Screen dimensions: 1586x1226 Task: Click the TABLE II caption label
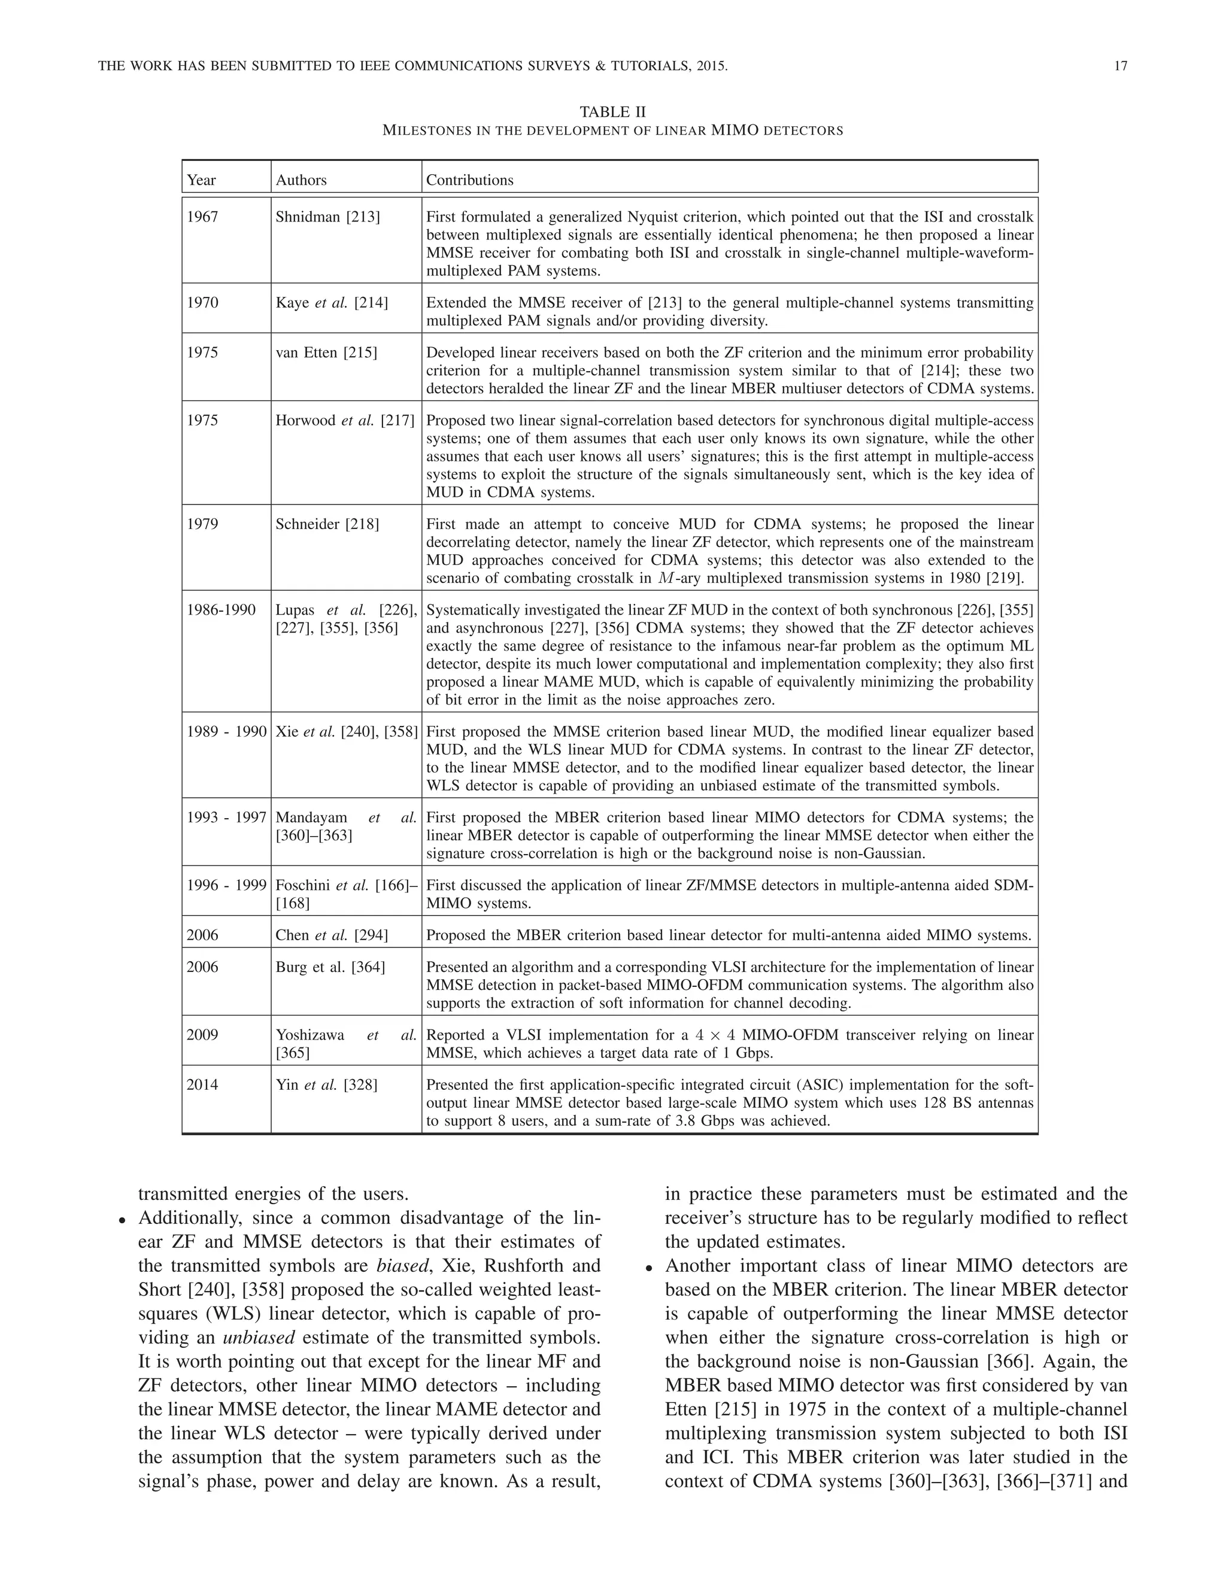click(x=612, y=112)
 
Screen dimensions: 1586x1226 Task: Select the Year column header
click(x=201, y=180)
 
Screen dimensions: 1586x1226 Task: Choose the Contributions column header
click(x=469, y=180)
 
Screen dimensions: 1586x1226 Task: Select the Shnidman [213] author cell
click(x=327, y=217)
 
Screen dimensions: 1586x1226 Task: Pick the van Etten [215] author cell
click(x=326, y=353)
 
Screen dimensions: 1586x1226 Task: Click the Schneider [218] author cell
click(x=327, y=524)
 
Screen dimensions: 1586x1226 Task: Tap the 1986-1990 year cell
click(x=221, y=610)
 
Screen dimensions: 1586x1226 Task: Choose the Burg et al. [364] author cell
click(x=330, y=967)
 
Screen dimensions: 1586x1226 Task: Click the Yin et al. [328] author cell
click(x=326, y=1085)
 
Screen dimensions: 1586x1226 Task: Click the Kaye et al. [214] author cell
click(x=331, y=303)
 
